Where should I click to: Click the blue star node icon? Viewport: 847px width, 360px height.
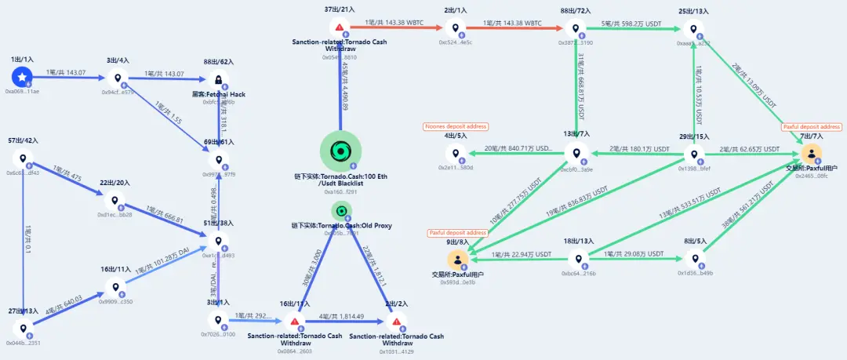coord(23,77)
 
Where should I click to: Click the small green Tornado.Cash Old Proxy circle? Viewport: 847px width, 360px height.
coord(340,210)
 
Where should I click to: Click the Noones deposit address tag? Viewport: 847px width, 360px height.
coord(456,126)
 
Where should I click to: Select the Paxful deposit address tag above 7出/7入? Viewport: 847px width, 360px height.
coord(811,126)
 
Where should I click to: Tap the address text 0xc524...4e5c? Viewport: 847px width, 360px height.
coord(456,42)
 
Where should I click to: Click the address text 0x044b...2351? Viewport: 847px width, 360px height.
coord(23,342)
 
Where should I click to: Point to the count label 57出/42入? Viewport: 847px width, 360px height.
coord(23,140)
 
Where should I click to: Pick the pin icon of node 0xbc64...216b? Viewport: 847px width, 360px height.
coord(579,260)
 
